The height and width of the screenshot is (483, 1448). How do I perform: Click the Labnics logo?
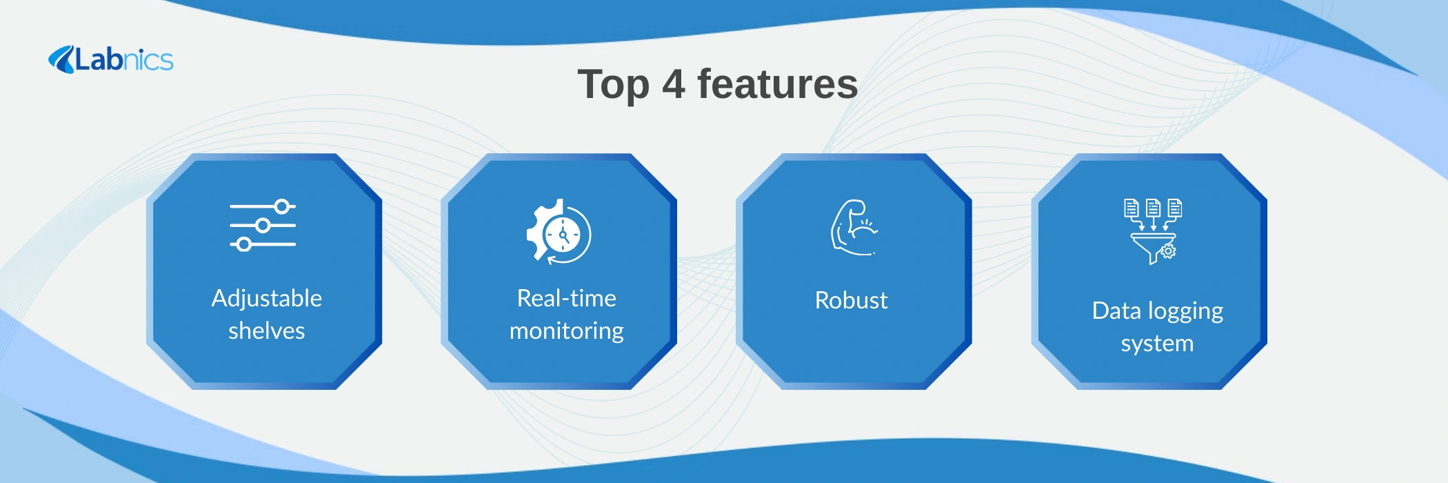pyautogui.click(x=110, y=59)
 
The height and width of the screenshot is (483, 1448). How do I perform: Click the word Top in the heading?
pyautogui.click(x=613, y=85)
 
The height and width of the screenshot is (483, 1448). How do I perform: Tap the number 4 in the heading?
pyautogui.click(x=674, y=84)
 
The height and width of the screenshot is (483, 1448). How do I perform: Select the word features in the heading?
pyautogui.click(x=778, y=84)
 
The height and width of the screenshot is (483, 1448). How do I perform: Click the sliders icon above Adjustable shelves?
pyautogui.click(x=263, y=226)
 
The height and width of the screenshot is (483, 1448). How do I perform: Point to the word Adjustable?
pyautogui.click(x=267, y=298)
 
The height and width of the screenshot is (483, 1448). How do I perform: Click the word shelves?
pyautogui.click(x=267, y=331)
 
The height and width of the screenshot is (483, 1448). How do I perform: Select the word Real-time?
pyautogui.click(x=567, y=298)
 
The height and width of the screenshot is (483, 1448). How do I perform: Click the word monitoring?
pyautogui.click(x=567, y=331)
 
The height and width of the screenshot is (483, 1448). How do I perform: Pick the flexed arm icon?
pyautogui.click(x=854, y=228)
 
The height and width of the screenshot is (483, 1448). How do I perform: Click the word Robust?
pyautogui.click(x=852, y=300)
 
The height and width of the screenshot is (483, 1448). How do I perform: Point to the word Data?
pyautogui.click(x=1116, y=310)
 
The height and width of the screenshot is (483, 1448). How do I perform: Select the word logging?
pyautogui.click(x=1185, y=312)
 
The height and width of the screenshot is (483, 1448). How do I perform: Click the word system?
pyautogui.click(x=1158, y=344)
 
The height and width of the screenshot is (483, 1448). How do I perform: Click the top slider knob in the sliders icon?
pyautogui.click(x=281, y=206)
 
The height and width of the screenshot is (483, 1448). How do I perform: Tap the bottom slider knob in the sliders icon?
pyautogui.click(x=243, y=244)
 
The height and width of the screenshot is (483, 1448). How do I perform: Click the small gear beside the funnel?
pyautogui.click(x=1168, y=251)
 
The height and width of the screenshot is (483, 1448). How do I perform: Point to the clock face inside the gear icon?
pyautogui.click(x=564, y=235)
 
